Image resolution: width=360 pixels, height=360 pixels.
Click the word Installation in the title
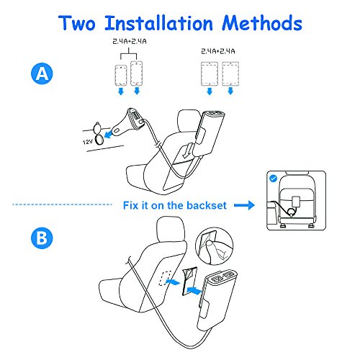[159, 23]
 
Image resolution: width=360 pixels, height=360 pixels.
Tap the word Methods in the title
[262, 23]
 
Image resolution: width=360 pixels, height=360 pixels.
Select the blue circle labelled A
[42, 73]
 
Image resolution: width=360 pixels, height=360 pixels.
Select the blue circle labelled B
[42, 238]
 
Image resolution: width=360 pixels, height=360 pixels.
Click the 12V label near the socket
[88, 142]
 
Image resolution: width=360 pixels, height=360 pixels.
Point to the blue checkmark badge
[274, 179]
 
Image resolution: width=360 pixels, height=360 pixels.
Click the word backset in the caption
[207, 205]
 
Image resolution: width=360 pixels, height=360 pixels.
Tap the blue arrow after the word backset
[244, 205]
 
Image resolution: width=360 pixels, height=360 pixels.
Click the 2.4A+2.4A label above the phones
[130, 42]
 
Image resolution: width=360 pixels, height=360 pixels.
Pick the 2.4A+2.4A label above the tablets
[218, 51]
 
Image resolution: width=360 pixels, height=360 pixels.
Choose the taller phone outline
[137, 73]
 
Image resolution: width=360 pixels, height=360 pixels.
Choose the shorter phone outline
[121, 75]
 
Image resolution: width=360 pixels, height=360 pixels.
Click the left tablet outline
[210, 73]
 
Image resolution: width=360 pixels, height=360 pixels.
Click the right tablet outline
[230, 73]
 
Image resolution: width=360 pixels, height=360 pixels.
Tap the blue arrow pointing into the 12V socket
[109, 135]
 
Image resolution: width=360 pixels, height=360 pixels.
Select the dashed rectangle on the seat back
[166, 278]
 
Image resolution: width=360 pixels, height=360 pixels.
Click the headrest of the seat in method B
[171, 230]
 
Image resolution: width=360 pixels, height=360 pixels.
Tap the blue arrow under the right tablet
[230, 91]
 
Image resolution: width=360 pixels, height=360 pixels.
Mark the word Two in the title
[77, 23]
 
